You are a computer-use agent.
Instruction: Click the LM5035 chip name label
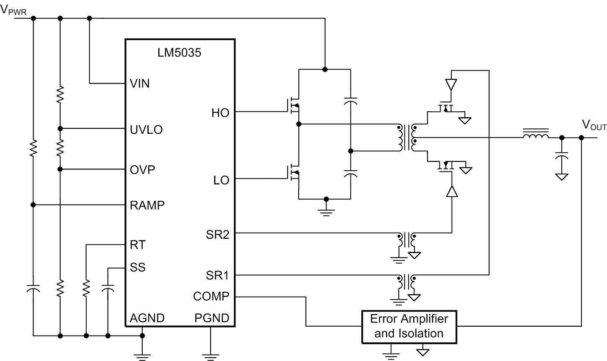(179, 53)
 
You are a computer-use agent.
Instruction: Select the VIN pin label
(140, 84)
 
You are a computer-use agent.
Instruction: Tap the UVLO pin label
(146, 130)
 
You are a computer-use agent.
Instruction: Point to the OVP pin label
(142, 170)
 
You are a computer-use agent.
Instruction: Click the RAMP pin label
(147, 205)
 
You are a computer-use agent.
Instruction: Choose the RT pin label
(138, 245)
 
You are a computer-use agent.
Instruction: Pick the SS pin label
(138, 267)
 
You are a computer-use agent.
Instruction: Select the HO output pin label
(220, 113)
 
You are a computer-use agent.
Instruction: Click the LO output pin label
(221, 180)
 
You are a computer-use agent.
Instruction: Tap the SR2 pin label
(217, 235)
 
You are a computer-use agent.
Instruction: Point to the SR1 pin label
(217, 276)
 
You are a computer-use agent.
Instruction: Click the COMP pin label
(211, 297)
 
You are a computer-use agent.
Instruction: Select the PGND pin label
(212, 318)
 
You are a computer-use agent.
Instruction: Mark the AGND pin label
(147, 318)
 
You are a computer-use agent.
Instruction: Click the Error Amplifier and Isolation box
(409, 326)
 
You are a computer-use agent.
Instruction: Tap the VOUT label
(594, 125)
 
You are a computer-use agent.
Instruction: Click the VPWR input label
(13, 10)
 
